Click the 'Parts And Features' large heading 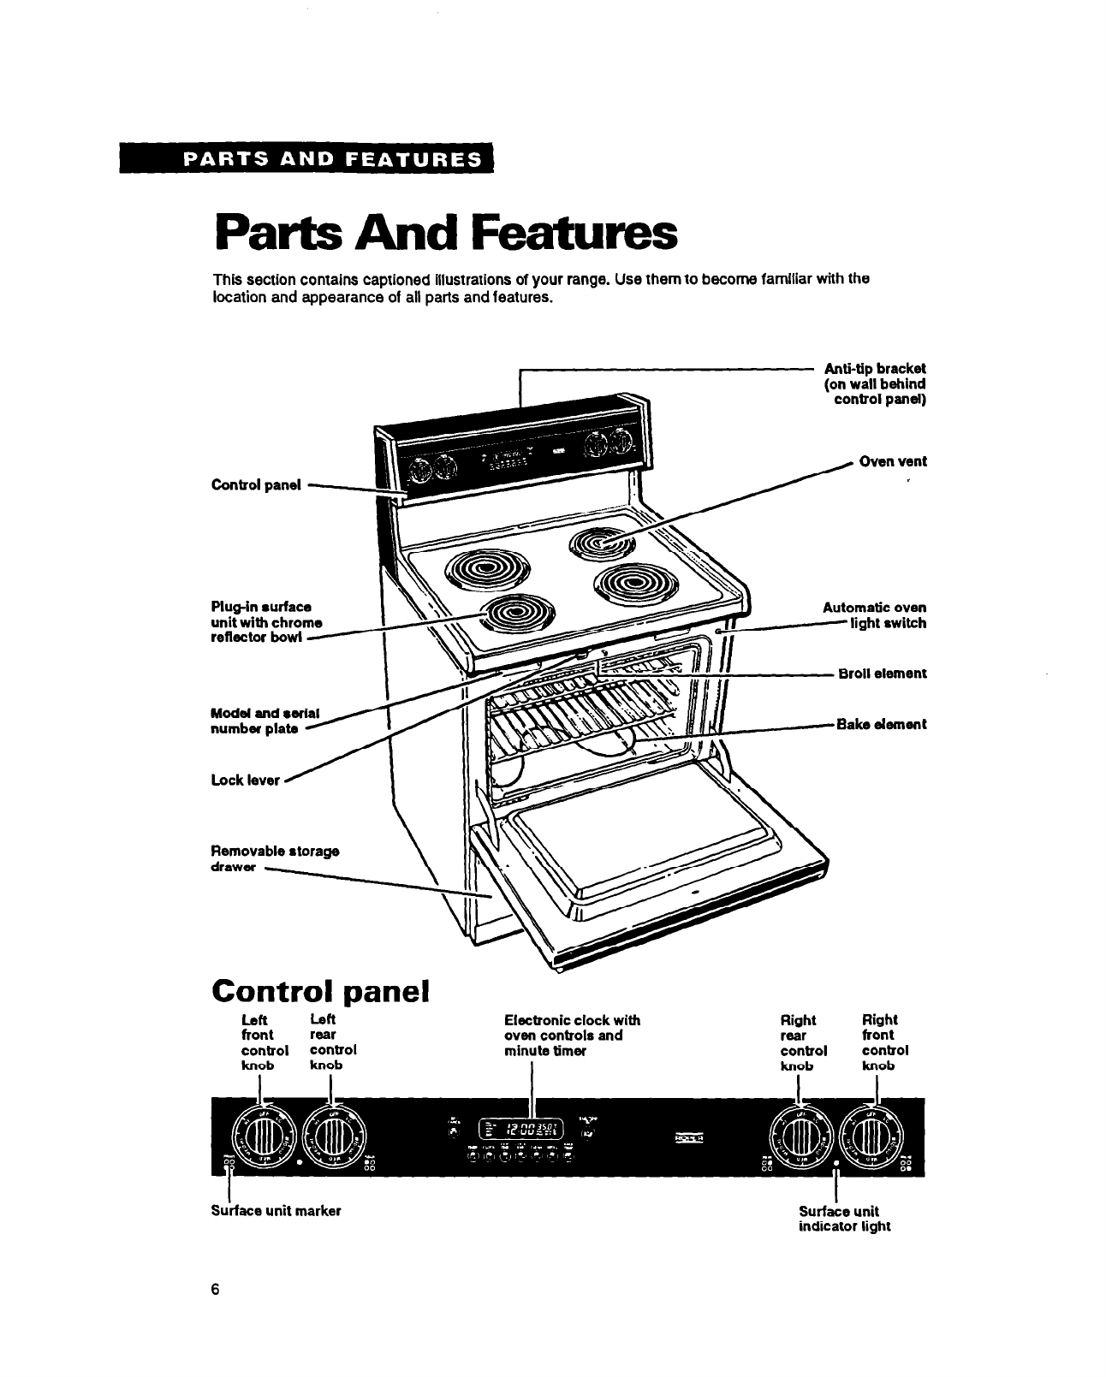[x=445, y=233]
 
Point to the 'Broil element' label [x=881, y=673]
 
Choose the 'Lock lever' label [x=246, y=780]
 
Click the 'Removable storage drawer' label [x=274, y=858]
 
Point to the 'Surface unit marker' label [x=276, y=1211]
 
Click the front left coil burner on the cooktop [x=516, y=613]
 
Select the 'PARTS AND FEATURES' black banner [x=308, y=159]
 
